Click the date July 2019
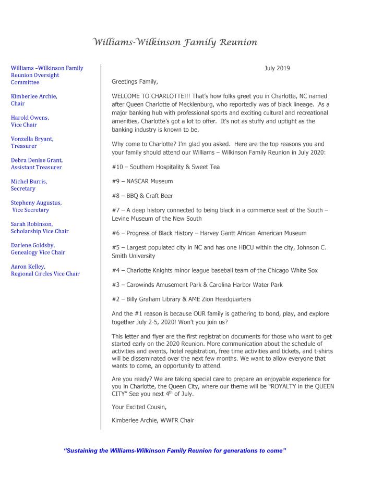[277, 68]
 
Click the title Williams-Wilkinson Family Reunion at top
[175, 42]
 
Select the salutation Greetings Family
[134, 82]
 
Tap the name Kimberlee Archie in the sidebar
[34, 96]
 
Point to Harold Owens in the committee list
[30, 118]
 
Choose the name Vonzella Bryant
[32, 139]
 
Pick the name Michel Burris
[29, 181]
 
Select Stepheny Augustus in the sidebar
[36, 203]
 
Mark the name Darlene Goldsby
[33, 245]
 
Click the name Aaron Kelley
[28, 266]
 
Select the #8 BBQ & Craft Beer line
[142, 196]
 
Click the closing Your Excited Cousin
[138, 408]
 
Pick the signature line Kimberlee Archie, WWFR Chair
[152, 420]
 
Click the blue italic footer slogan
[175, 450]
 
